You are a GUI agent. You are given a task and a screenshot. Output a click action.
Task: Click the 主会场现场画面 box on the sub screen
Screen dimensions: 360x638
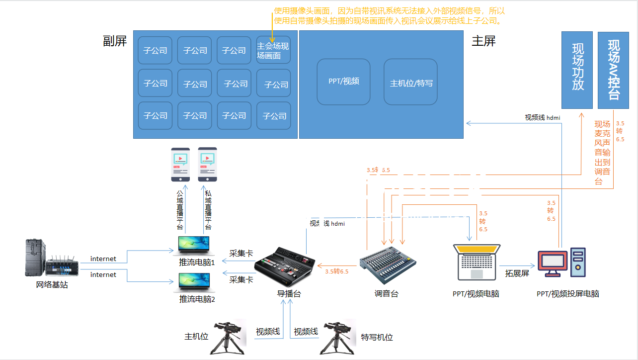(273, 51)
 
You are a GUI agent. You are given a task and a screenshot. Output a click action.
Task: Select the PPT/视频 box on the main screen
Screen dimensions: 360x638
(343, 82)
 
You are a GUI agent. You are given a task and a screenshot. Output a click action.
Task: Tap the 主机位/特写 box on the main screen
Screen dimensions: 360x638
(410, 82)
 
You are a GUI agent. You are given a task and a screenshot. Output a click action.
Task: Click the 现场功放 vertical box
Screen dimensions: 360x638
(577, 70)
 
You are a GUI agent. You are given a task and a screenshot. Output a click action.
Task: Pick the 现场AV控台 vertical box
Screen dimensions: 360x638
(614, 70)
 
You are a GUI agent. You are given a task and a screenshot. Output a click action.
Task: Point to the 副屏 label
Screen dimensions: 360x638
(115, 41)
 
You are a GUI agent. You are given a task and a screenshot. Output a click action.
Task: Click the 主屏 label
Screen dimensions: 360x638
(483, 41)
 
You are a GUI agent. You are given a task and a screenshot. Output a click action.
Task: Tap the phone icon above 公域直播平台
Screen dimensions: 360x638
(180, 165)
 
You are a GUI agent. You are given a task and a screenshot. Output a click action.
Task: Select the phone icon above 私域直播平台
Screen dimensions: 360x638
(207, 165)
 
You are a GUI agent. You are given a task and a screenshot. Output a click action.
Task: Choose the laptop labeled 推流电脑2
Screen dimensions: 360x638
(194, 282)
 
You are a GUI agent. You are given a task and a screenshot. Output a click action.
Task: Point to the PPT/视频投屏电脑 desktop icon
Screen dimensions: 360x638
(562, 262)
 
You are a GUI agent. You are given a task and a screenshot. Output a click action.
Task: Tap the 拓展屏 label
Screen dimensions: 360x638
(516, 273)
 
